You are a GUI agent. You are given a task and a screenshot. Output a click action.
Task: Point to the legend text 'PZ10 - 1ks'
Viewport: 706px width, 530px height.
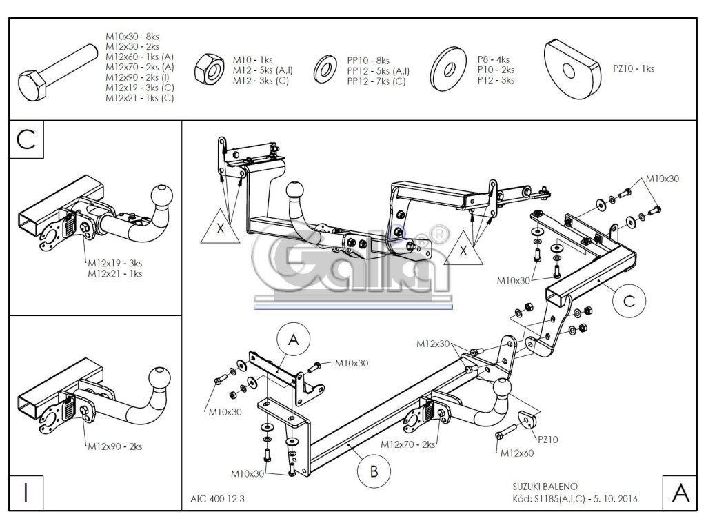coord(633,68)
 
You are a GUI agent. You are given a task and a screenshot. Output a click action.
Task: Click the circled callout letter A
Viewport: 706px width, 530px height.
coord(294,340)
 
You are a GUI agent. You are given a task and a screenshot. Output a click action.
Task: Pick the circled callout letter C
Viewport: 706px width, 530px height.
coord(628,300)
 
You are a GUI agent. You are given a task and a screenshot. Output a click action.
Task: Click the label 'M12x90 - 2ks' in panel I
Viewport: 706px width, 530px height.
coord(115,446)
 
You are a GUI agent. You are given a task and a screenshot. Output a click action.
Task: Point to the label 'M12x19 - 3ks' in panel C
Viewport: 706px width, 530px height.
coord(115,263)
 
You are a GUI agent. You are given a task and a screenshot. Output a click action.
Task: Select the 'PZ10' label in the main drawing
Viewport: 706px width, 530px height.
coord(548,438)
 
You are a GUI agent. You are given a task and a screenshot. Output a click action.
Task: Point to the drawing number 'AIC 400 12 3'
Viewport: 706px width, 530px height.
coord(216,498)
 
